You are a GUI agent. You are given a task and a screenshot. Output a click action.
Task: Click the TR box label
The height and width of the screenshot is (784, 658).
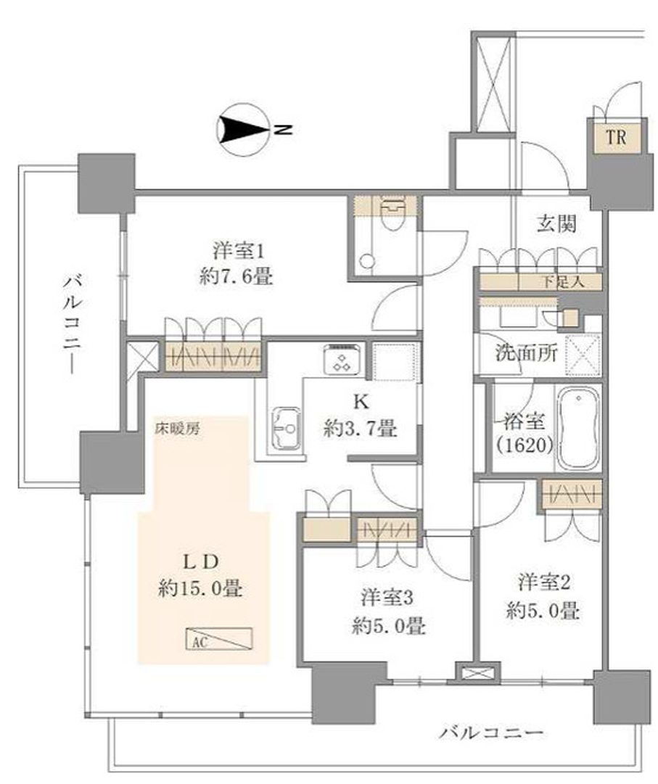(x=616, y=136)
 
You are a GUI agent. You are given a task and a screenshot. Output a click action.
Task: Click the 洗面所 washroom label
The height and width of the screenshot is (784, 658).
(x=526, y=353)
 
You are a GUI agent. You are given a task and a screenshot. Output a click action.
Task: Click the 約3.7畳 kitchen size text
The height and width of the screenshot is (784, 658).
(x=360, y=429)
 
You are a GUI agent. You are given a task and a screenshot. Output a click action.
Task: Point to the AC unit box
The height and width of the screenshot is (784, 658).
(x=220, y=638)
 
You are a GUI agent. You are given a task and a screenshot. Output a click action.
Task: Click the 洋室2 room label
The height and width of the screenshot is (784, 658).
(x=545, y=582)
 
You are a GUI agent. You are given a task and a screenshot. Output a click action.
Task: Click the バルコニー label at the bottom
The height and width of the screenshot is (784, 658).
(x=491, y=733)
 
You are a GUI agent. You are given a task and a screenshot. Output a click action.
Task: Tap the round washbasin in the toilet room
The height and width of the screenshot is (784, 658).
(x=368, y=261)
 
